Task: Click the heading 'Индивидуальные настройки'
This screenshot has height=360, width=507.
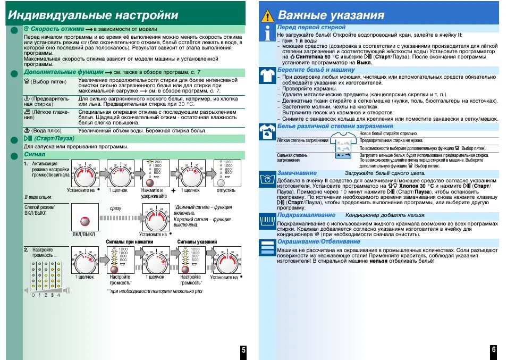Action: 93,15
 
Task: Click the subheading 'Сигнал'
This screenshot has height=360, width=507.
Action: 33,154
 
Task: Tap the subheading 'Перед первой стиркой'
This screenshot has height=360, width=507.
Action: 311,27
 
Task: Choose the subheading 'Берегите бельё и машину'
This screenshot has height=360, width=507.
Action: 316,70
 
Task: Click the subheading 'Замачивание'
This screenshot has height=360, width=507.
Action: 297,173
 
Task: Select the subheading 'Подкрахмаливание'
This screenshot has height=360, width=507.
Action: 304,215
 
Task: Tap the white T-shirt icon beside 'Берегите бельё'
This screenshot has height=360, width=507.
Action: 268,75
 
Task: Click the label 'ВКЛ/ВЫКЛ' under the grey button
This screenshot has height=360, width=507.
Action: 83,234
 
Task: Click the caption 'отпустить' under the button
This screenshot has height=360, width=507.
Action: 225,190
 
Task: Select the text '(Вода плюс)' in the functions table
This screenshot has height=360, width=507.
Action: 47,130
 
